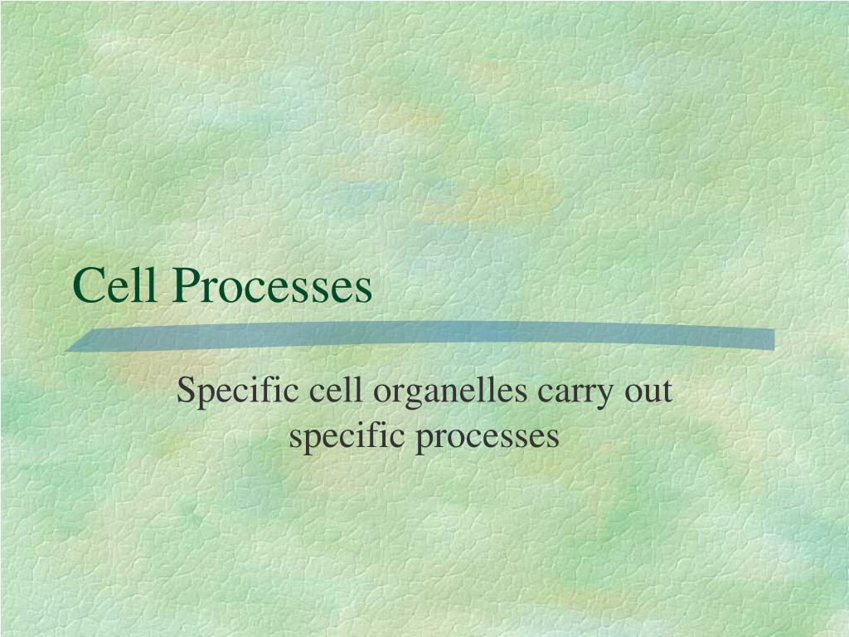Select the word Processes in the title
tap(273, 287)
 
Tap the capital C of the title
tap(87, 287)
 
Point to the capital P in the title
tap(185, 287)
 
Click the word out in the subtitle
tap(648, 391)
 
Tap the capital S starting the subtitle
tap(185, 391)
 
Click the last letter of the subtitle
tap(554, 438)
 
